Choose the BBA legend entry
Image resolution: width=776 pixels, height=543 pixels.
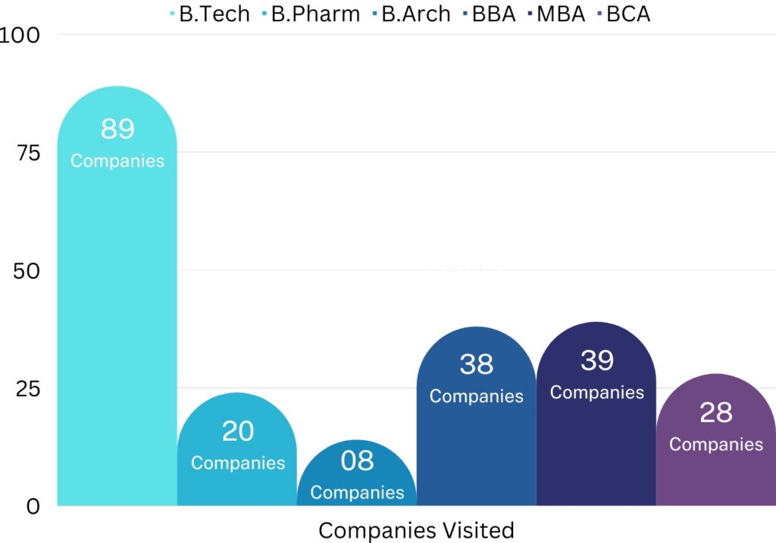coord(493,14)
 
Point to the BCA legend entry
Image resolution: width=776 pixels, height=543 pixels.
coord(628,14)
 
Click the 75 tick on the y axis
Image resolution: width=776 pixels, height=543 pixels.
coord(27,153)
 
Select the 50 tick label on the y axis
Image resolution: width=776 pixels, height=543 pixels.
coord(27,271)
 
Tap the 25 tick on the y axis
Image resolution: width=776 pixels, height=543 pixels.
coord(27,389)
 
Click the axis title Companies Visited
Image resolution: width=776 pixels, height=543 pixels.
coord(416,530)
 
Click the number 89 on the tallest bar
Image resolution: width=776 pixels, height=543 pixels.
coord(117,129)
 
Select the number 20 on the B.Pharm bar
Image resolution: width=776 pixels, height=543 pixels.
coord(238,431)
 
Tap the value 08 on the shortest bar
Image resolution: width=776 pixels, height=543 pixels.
coord(357,461)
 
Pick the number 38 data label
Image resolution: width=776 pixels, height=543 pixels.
coord(477,365)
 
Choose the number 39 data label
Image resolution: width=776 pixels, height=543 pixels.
coord(597,360)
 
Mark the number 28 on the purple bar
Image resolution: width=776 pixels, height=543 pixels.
coord(716,413)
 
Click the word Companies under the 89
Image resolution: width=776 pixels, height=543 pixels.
coord(117,161)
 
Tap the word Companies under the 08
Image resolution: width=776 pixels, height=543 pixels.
coord(357,492)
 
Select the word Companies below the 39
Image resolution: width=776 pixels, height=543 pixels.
coord(597,392)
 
